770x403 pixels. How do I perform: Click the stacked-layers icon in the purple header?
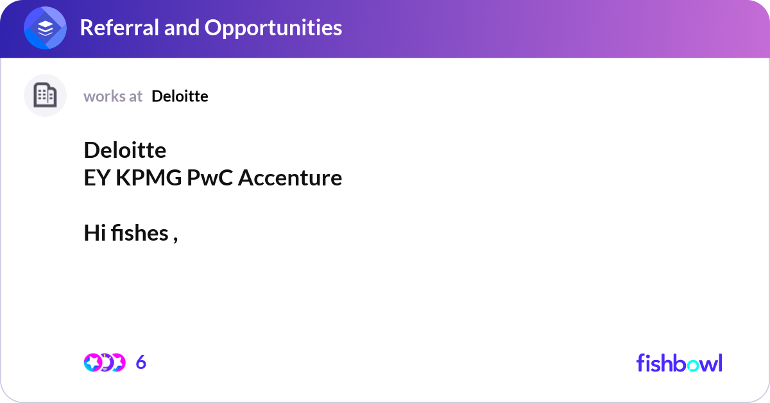[46, 29]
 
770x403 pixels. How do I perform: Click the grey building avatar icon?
[45, 96]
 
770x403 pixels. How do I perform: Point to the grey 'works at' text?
[113, 96]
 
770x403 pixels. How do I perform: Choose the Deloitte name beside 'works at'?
[180, 96]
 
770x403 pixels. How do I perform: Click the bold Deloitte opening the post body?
[125, 150]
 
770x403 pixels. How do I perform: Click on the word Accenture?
[290, 178]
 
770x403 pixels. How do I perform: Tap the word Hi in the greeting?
[94, 233]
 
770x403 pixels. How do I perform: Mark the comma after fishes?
[175, 237]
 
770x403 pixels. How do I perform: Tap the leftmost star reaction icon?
[92, 363]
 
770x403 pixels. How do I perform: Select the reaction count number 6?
[141, 363]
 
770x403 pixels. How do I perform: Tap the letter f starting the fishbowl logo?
[640, 363]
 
